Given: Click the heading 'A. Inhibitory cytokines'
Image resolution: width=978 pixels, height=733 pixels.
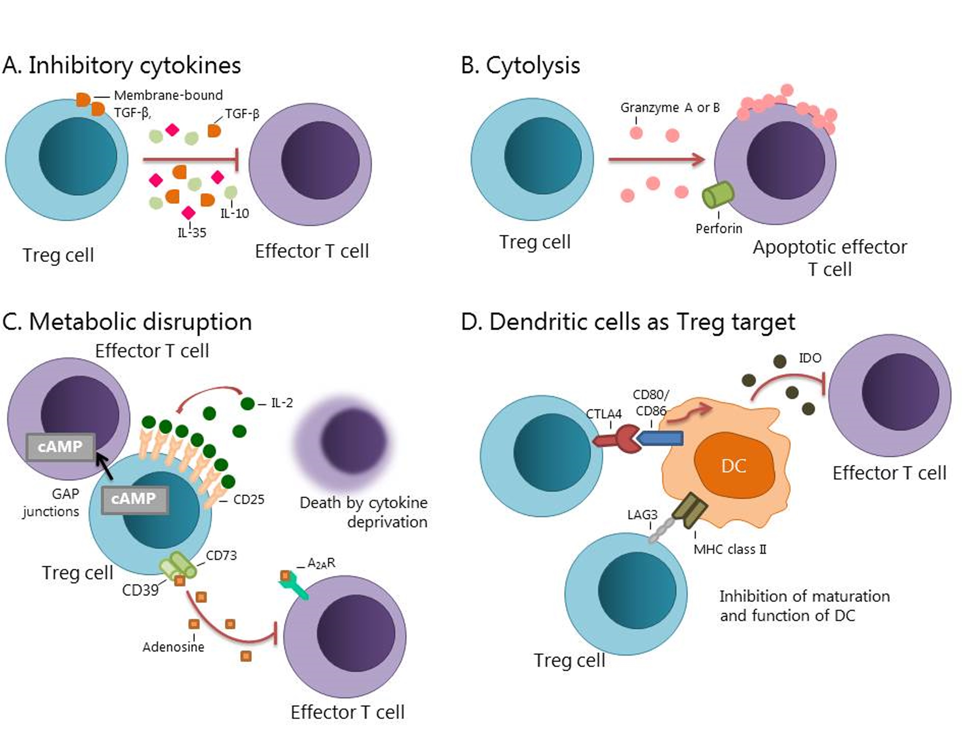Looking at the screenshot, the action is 122,65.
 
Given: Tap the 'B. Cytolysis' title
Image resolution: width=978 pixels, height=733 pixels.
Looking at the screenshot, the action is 520,65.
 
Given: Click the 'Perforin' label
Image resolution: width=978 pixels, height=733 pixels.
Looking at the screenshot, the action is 719,228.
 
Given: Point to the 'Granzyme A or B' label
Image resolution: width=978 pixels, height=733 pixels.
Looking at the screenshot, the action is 670,108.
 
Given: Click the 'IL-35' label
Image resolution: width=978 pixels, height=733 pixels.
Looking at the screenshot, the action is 192,232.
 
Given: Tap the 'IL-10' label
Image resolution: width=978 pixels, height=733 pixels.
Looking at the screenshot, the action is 235,213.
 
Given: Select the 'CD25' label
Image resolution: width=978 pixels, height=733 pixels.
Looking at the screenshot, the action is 248,499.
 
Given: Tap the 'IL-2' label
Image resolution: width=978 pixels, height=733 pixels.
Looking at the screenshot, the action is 282,403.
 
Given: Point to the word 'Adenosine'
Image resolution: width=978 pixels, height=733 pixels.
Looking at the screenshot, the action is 173,647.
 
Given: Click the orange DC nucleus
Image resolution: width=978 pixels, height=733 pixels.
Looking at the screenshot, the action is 734,465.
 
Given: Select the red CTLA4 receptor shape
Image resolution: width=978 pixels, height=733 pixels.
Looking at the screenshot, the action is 615,439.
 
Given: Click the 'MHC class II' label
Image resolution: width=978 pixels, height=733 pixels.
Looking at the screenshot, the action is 730,549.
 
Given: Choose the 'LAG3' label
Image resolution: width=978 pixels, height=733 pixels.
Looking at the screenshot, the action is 643,515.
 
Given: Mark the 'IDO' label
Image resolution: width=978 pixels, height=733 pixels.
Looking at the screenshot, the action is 810,358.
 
